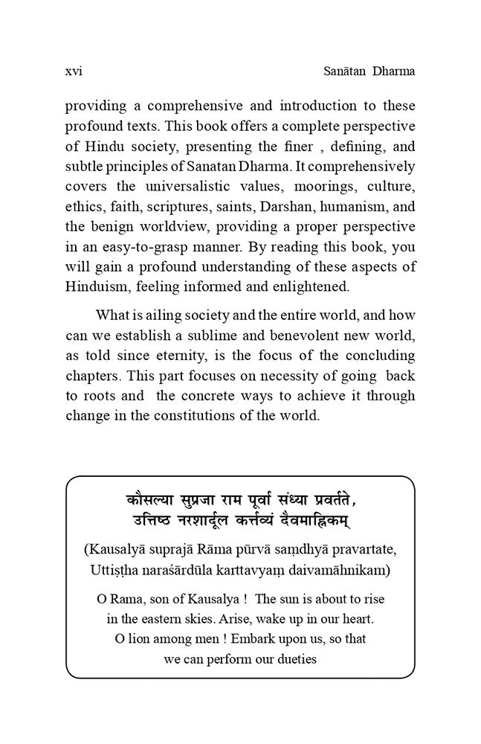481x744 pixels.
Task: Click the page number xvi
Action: tap(74, 72)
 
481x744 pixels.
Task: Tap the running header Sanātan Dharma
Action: tap(359, 72)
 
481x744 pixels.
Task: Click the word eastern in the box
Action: tap(156, 618)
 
